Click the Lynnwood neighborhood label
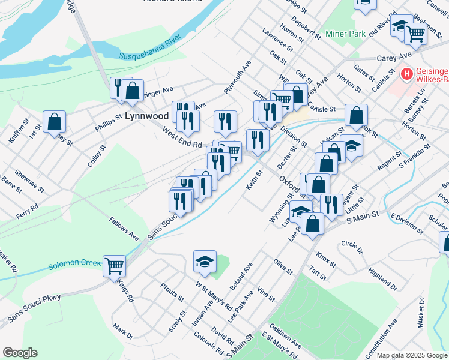(x=147, y=116)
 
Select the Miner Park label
(x=345, y=34)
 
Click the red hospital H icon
(x=407, y=74)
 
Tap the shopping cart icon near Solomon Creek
(x=114, y=265)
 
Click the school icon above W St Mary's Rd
(x=204, y=261)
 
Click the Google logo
(x=20, y=353)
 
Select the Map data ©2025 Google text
(x=412, y=355)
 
